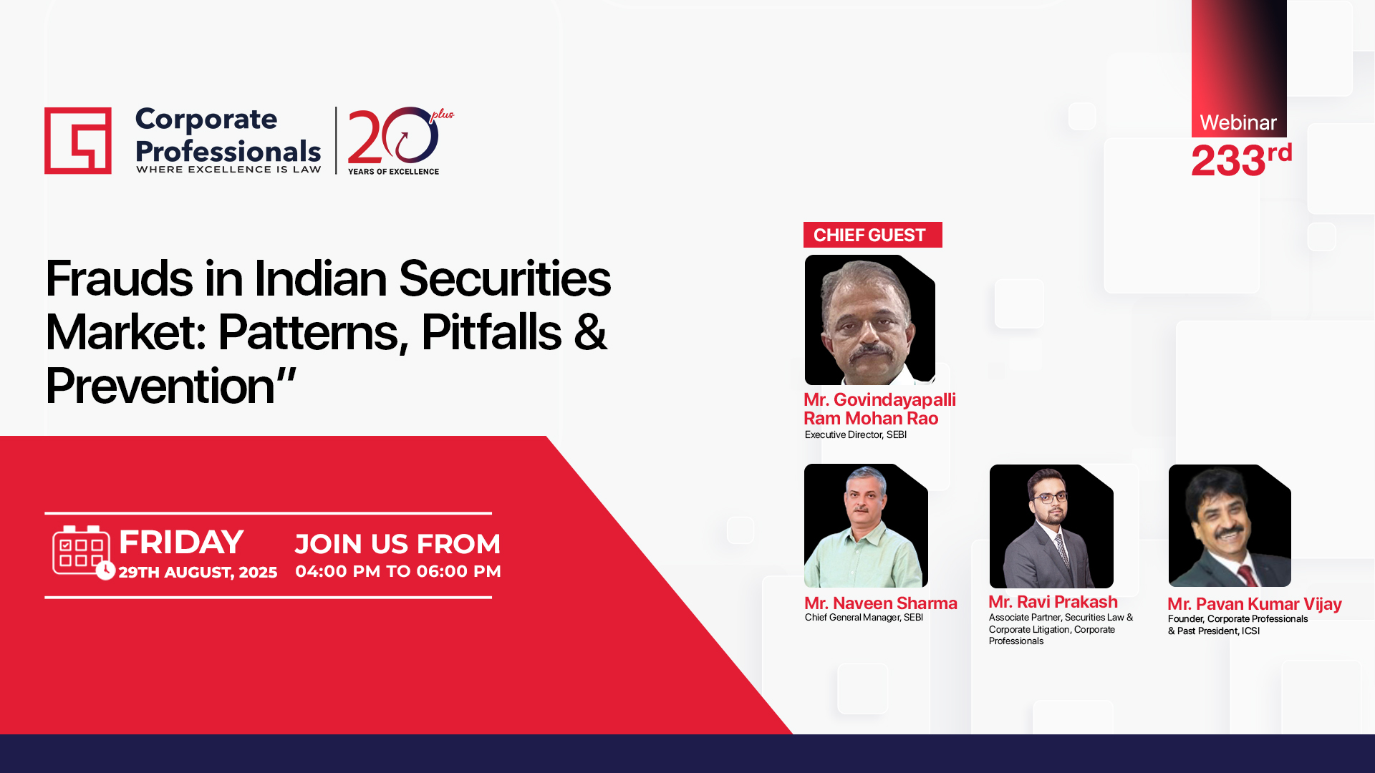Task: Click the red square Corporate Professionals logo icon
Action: pos(77,140)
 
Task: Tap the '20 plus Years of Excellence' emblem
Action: pos(400,141)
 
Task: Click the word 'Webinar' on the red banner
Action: pos(1238,122)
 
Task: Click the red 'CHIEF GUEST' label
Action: pos(872,235)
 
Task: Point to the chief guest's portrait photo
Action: pos(869,320)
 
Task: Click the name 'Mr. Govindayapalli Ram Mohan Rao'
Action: pos(879,409)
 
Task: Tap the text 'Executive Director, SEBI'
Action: pos(856,434)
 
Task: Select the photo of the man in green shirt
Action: pos(866,525)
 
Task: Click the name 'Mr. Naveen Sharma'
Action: pos(880,603)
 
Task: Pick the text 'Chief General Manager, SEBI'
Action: pos(864,617)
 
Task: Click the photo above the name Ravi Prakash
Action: pos(1051,526)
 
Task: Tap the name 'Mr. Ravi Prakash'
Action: pos(1053,602)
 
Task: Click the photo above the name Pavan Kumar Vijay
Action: pos(1230,525)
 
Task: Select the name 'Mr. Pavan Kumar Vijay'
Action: pos(1255,604)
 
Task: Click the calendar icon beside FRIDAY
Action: pos(82,552)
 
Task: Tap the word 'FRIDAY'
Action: pos(181,542)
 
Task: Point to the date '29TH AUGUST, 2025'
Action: pos(198,572)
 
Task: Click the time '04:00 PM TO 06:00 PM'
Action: pos(398,571)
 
